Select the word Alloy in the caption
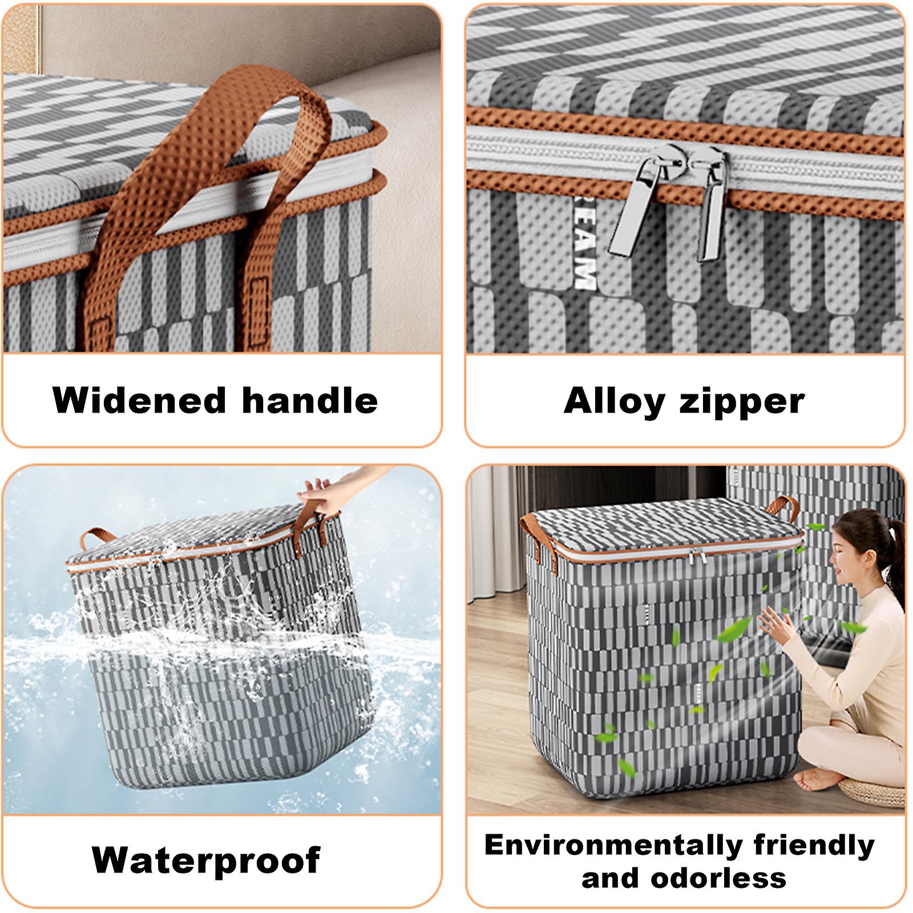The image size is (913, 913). click(614, 402)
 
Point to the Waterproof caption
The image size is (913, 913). click(206, 859)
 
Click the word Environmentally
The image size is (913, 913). click(613, 846)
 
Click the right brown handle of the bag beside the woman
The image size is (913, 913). click(783, 507)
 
